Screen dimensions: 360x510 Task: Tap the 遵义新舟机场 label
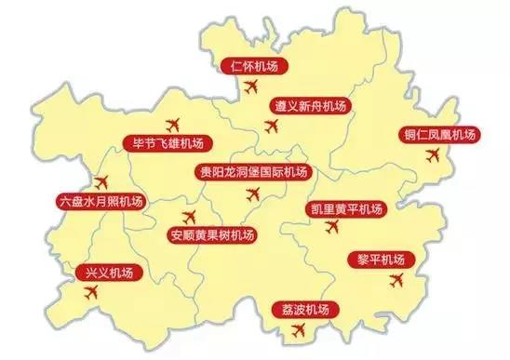[x=310, y=107]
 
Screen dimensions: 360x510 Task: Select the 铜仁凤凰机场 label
[x=439, y=135]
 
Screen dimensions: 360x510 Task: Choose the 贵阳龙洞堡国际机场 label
[x=252, y=172]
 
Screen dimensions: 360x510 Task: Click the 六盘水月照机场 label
[x=100, y=201]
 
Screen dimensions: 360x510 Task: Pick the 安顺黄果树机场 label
[x=212, y=234]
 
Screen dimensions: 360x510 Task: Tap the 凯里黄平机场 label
[x=346, y=209]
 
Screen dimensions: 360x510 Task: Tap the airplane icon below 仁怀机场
[x=249, y=87]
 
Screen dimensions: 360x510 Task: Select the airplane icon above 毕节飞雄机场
[x=171, y=124]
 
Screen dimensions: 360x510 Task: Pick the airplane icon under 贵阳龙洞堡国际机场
[x=252, y=194]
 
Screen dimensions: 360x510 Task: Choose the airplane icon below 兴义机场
[x=90, y=292]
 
